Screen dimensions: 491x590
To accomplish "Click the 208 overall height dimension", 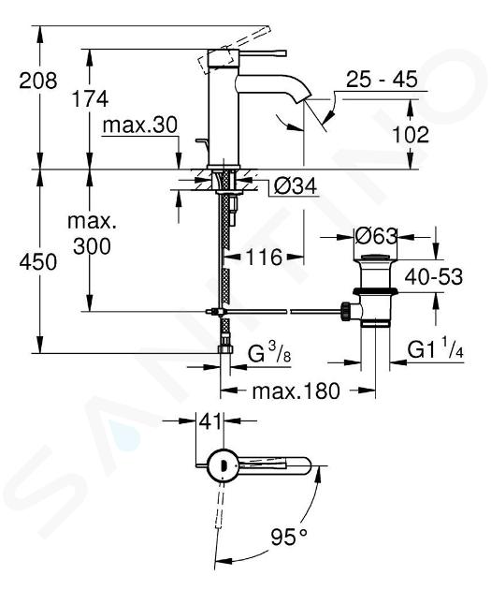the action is point(38,81).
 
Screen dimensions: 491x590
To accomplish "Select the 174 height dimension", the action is point(90,99).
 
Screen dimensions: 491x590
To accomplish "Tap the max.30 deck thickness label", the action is point(139,125).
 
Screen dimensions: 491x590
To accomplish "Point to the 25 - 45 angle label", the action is point(382,80).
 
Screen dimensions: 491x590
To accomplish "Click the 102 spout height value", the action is point(411,134).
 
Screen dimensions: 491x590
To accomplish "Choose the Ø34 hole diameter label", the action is point(296,185).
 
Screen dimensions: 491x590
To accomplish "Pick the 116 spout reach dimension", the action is point(264,258).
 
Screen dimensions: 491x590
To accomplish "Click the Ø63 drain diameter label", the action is point(376,237).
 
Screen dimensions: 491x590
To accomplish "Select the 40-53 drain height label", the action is point(434,277).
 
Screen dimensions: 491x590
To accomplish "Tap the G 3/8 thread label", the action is point(269,353).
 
